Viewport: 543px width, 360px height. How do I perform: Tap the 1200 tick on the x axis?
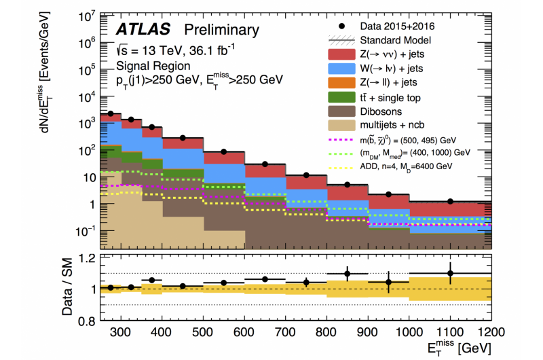click(x=491, y=332)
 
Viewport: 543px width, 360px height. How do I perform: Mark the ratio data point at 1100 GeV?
click(x=450, y=273)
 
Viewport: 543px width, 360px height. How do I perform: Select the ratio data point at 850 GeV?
click(x=347, y=274)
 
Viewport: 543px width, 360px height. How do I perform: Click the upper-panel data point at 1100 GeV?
click(x=450, y=201)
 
